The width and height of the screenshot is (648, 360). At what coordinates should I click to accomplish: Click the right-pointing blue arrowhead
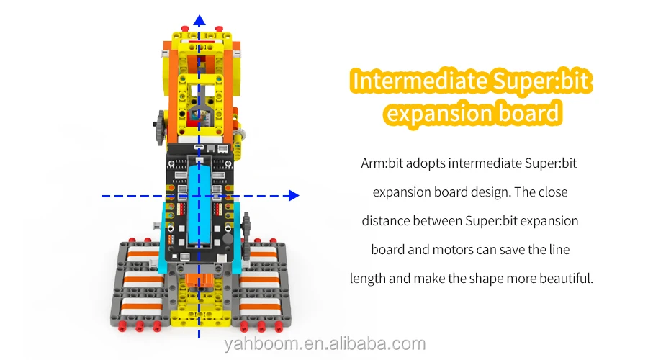292,194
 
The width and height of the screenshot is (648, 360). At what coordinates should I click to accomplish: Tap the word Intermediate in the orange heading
418,81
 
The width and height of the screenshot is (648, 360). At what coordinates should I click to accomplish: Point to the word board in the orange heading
526,113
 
